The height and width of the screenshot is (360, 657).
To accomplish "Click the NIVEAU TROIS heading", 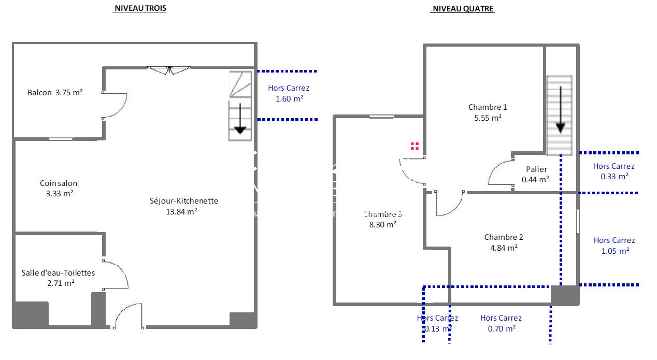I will (x=140, y=9).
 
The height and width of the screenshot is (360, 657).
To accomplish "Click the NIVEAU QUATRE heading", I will (x=462, y=9).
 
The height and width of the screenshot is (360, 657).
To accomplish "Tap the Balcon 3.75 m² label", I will (x=55, y=93).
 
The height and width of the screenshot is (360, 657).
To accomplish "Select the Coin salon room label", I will (x=59, y=183).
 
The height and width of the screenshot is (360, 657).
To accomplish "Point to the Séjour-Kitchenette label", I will (x=184, y=201).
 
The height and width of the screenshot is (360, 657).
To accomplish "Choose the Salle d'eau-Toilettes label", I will (x=59, y=272).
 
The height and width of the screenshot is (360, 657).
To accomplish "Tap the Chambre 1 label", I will (x=488, y=107).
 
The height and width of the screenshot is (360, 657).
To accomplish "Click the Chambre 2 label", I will (x=504, y=237).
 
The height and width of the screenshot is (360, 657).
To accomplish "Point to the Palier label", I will (x=536, y=169).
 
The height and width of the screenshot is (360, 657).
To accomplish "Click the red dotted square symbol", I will (x=415, y=146).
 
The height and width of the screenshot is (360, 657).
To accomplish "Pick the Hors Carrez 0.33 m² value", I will (x=615, y=176).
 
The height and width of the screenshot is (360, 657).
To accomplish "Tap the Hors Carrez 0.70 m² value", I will (x=502, y=328).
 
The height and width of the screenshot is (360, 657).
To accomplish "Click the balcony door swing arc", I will (x=117, y=106).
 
